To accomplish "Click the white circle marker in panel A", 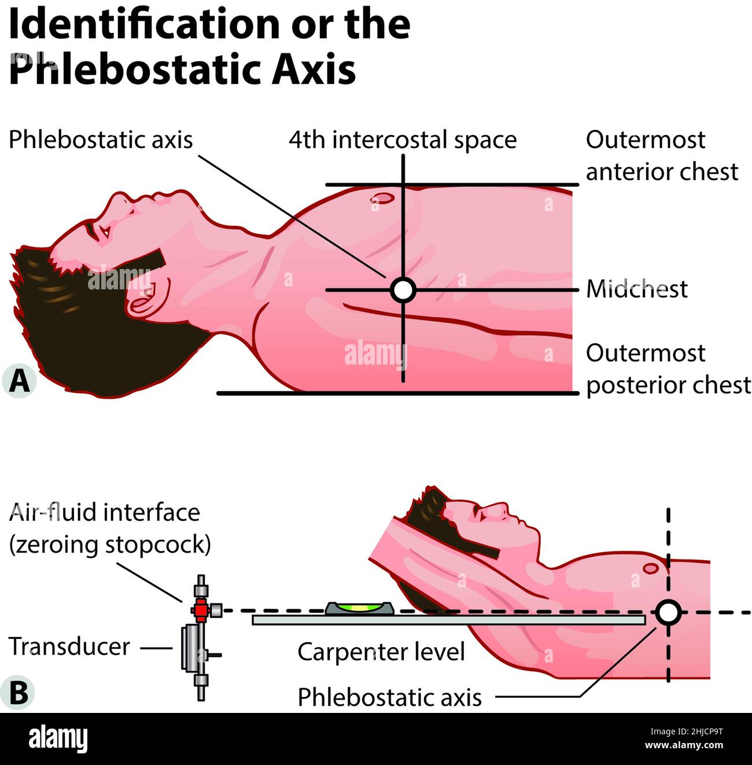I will [403, 289].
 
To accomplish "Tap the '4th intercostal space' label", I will [403, 140].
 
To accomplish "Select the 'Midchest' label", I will [637, 289].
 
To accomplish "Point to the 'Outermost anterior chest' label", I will [662, 156].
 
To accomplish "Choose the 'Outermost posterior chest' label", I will [668, 369].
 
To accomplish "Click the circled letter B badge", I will [19, 692].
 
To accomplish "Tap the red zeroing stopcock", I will [200, 610].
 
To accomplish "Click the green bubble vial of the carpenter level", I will [359, 608].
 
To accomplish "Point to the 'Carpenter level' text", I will [381, 652].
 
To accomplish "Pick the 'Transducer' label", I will [69, 646].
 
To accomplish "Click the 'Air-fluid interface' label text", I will [105, 513].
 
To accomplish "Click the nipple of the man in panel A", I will [382, 198].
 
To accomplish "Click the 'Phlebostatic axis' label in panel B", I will [389, 697].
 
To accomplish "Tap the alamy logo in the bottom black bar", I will [58, 740].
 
